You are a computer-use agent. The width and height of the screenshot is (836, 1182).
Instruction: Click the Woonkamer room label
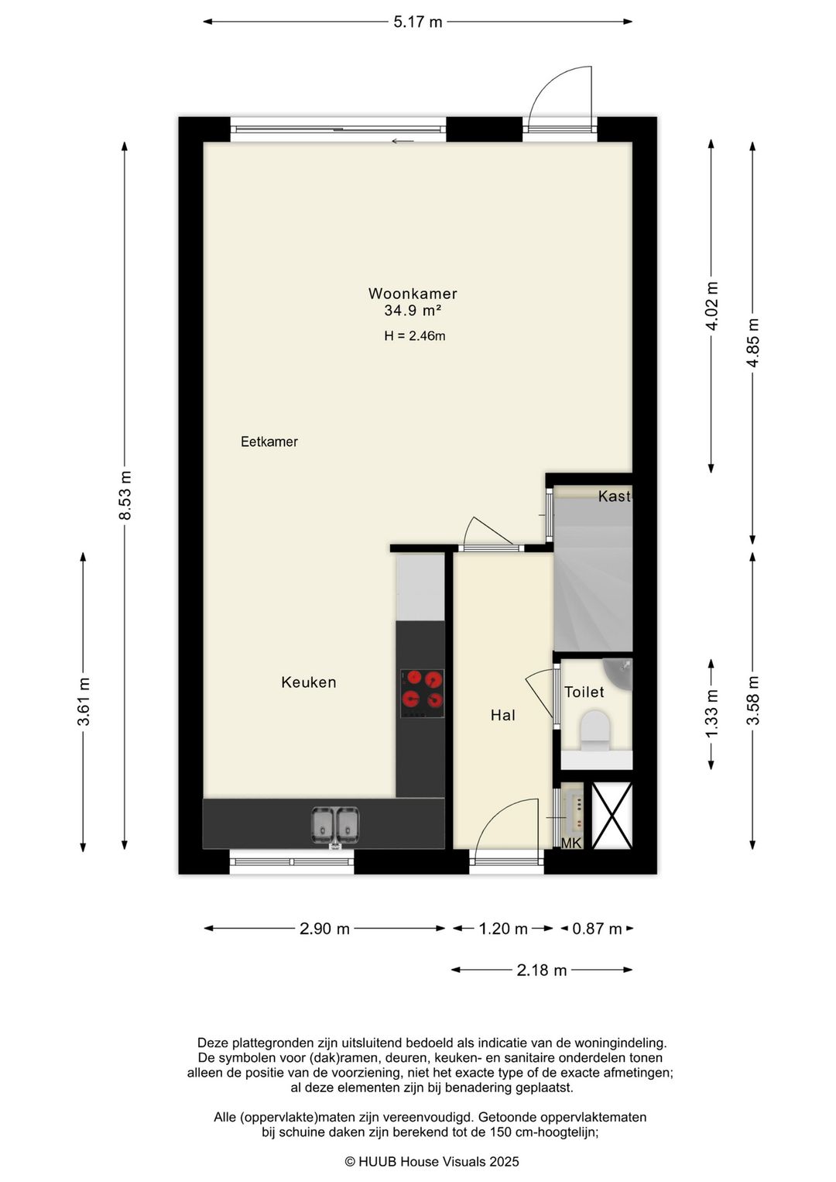tap(413, 294)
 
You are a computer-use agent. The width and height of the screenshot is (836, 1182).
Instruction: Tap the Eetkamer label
tap(269, 442)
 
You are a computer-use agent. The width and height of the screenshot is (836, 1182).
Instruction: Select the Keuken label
tap(309, 682)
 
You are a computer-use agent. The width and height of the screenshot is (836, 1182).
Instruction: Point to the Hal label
tap(502, 715)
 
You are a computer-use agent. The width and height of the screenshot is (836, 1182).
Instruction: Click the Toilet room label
tap(584, 692)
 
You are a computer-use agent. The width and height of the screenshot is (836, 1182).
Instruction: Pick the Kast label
tap(615, 496)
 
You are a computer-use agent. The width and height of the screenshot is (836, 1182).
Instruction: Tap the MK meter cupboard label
tap(570, 844)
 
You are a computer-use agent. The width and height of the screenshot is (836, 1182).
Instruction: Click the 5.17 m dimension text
tap(418, 22)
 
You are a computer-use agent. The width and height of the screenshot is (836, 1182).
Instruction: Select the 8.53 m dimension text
tap(125, 495)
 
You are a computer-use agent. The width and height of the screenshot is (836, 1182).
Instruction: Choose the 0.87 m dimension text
tap(597, 929)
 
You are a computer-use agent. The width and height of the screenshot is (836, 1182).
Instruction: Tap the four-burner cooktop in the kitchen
tap(422, 693)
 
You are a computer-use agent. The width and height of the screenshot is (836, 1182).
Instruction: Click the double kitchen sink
tap(335, 825)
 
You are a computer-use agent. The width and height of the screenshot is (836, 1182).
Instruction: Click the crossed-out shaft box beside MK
tap(612, 816)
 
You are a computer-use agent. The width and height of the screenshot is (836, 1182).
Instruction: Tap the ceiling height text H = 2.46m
tap(415, 335)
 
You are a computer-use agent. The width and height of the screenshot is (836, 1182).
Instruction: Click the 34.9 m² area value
tap(413, 311)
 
